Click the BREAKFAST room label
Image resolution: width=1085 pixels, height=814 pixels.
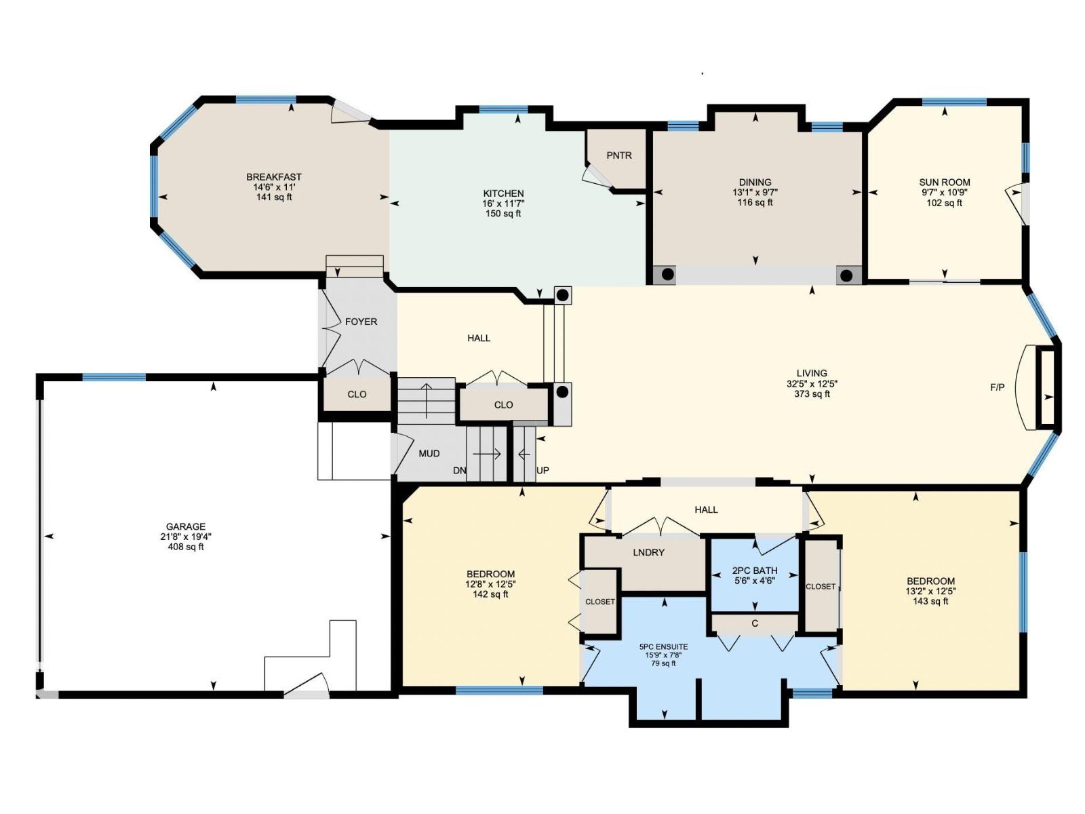274,177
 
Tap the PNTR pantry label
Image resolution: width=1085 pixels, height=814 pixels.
618,155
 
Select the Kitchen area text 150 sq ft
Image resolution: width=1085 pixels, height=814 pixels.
503,214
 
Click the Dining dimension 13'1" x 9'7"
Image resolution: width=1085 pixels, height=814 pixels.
755,192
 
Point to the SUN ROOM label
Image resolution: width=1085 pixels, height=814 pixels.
944,182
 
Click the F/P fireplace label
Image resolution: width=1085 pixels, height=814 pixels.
997,387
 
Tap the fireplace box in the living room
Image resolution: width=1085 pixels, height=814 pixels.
1047,388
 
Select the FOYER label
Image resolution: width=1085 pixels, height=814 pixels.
361,322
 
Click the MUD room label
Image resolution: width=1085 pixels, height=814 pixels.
429,453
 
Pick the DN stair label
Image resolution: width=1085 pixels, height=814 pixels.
459,470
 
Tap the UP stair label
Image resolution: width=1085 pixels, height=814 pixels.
542,470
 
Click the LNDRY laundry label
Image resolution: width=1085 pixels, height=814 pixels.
648,552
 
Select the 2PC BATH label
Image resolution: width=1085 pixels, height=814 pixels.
755,570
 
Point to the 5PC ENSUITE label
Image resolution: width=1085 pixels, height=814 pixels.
663,646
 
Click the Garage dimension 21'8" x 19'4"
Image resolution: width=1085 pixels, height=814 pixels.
186,537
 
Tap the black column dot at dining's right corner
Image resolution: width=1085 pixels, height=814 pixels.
847,275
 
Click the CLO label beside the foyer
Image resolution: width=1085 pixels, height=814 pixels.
357,394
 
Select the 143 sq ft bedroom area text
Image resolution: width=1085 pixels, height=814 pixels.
930,601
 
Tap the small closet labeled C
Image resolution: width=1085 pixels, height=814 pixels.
754,623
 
